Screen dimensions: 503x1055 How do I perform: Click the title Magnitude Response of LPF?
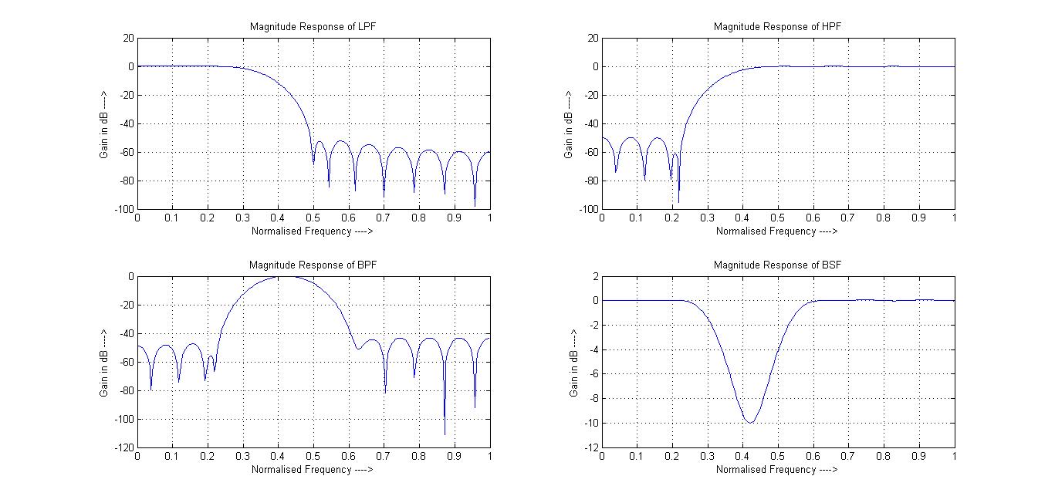(313, 26)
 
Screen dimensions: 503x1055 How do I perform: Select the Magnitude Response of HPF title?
(777, 26)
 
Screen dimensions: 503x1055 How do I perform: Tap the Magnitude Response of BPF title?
(313, 265)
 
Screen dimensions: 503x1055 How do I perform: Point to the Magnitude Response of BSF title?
(777, 265)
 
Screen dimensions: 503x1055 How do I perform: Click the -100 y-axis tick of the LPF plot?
(124, 209)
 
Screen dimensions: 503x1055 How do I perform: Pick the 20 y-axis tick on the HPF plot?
(591, 37)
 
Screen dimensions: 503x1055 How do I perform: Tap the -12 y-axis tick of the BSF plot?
(590, 447)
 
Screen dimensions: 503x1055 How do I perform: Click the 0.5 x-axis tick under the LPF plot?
(313, 218)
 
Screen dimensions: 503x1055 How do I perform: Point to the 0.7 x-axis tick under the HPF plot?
(848, 218)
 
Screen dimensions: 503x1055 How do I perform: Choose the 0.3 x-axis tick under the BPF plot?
(243, 457)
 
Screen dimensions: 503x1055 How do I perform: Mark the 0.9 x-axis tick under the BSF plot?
(918, 457)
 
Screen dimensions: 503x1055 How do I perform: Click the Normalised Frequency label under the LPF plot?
(313, 231)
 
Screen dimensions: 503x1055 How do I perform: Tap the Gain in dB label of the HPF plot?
(568, 123)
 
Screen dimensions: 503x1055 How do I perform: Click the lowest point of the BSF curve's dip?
(749, 422)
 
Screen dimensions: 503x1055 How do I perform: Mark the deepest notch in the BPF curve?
(445, 434)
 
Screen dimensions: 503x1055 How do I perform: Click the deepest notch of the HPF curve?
(678, 202)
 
